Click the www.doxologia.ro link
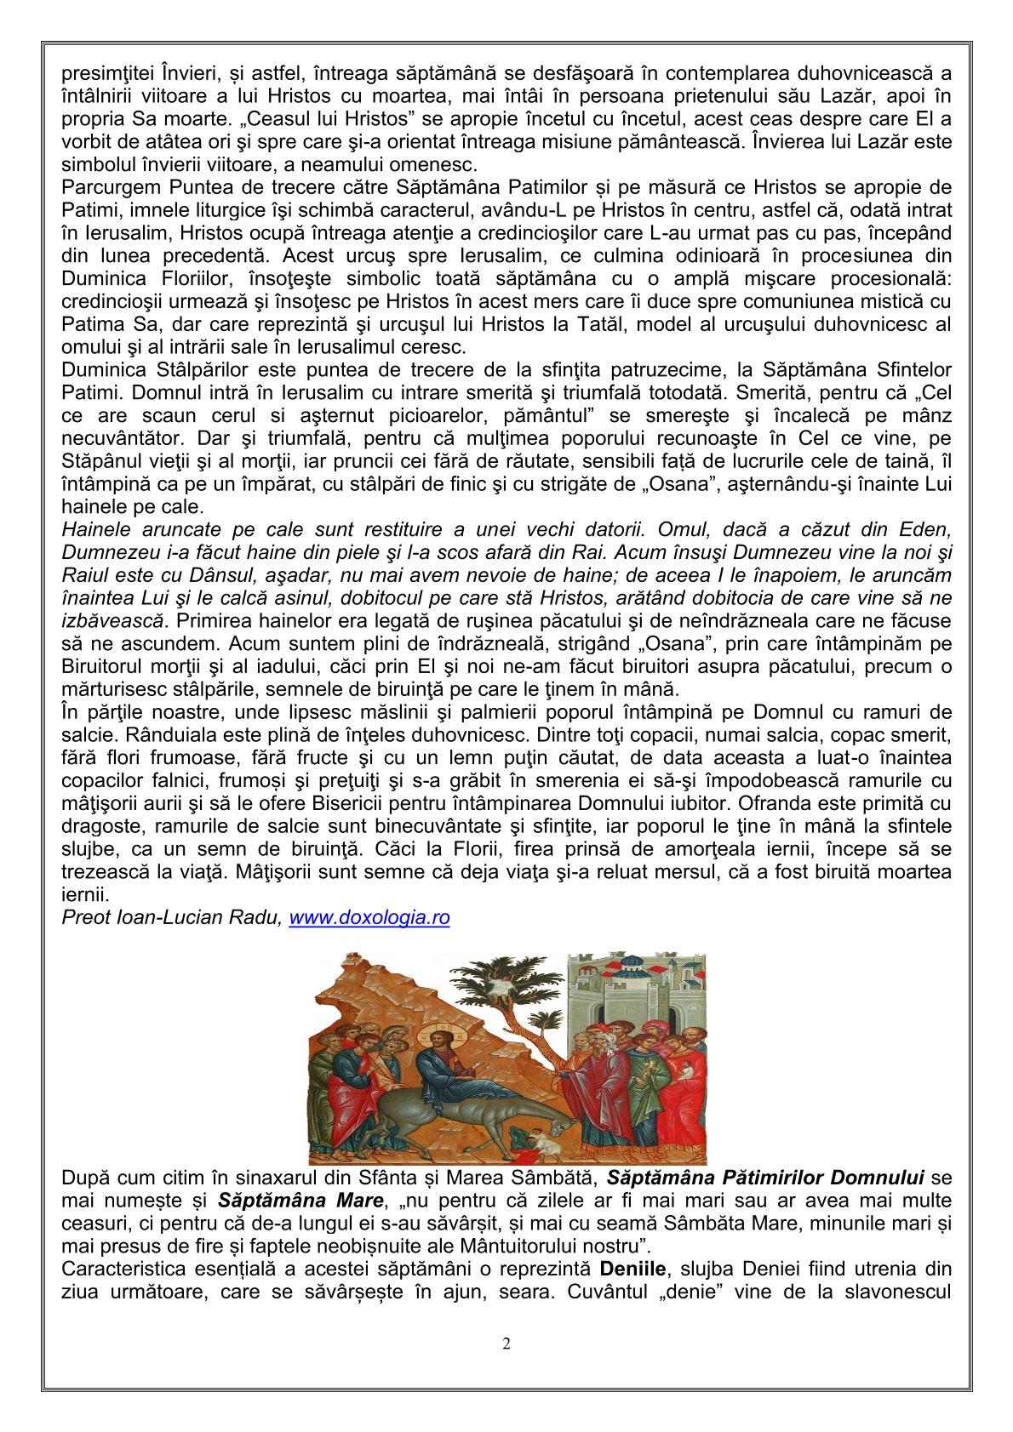click(x=369, y=918)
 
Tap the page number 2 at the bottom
click(x=506, y=1345)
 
